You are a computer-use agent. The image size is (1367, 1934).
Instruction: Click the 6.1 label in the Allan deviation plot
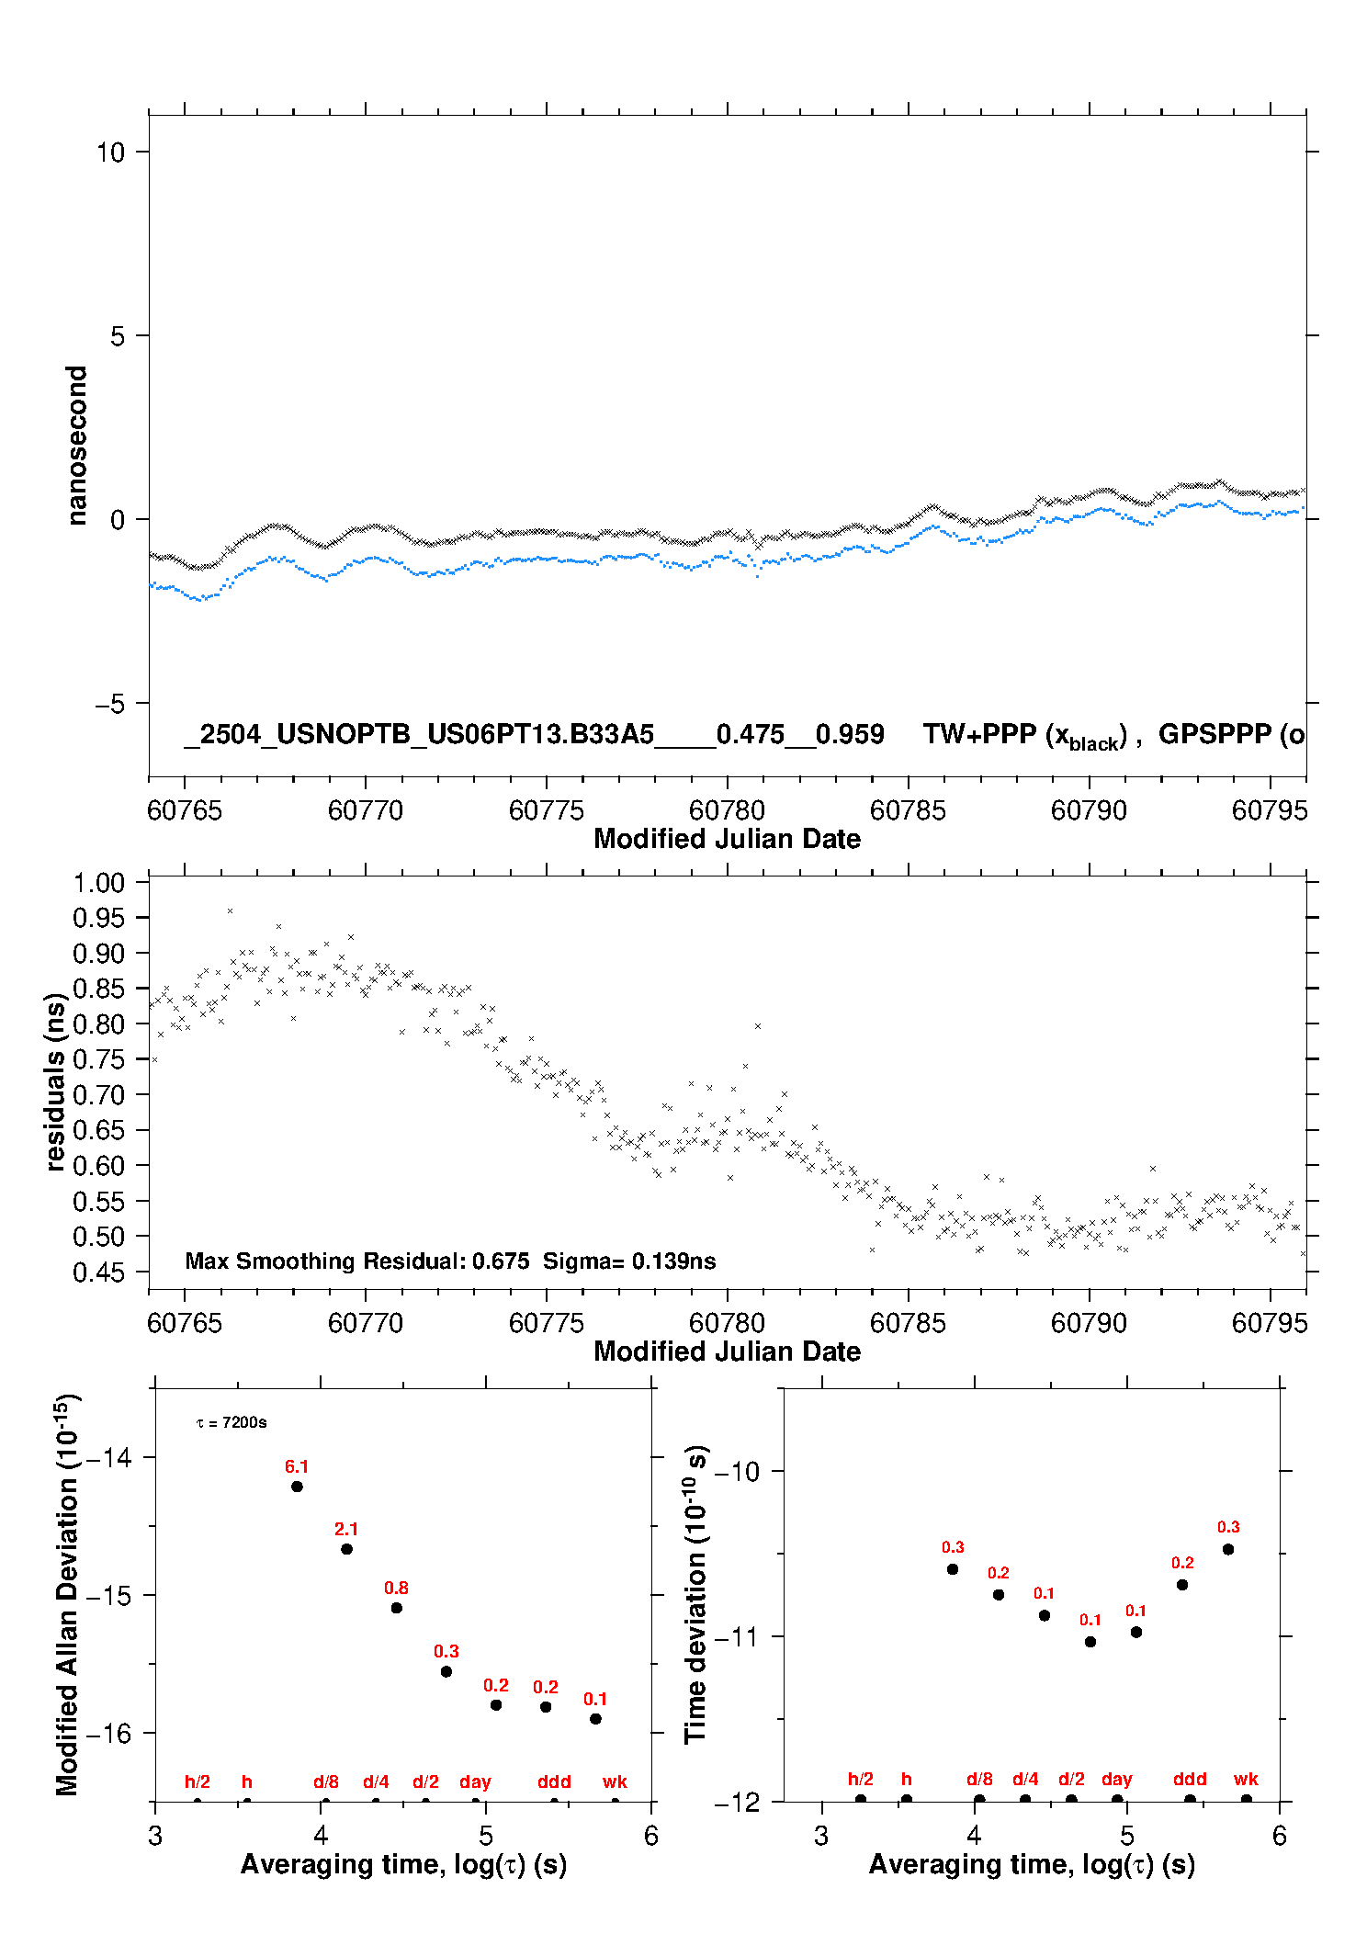point(297,1466)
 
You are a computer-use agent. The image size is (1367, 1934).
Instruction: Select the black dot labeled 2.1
point(346,1549)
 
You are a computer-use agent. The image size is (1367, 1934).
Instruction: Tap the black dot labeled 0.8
point(397,1608)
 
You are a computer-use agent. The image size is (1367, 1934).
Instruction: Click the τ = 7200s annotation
point(232,1423)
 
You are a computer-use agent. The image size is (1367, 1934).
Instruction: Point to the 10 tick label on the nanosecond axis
point(110,153)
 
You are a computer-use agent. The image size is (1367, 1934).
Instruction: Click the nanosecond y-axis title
point(76,446)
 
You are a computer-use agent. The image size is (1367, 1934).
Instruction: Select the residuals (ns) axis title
point(56,1082)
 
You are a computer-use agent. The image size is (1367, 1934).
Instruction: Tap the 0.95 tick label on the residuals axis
point(98,918)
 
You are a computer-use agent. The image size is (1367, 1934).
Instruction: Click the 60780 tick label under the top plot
point(727,811)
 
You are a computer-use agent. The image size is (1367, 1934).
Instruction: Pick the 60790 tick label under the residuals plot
point(1089,1324)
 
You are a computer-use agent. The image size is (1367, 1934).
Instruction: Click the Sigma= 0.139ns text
point(629,1261)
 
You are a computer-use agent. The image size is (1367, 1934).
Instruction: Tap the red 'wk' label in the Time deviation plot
point(1246,1780)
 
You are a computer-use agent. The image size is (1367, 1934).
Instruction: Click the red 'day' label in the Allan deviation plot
point(476,1782)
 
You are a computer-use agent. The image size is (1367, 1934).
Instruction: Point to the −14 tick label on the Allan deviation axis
point(108,1457)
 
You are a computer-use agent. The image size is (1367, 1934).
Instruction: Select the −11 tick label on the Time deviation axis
point(737,1636)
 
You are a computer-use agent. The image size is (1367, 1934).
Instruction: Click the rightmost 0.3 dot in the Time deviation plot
point(1228,1550)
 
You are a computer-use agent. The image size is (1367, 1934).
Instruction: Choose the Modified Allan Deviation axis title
point(68,1594)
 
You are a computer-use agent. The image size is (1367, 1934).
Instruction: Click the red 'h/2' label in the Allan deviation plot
point(198,1782)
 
